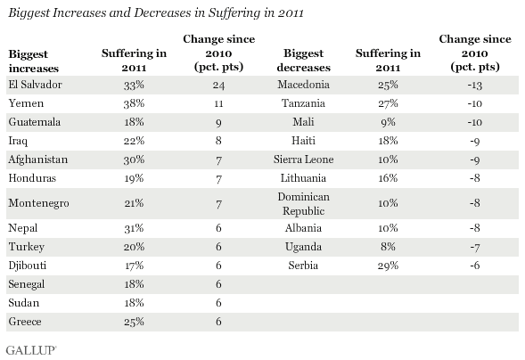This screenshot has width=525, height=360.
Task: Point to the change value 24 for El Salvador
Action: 218,86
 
